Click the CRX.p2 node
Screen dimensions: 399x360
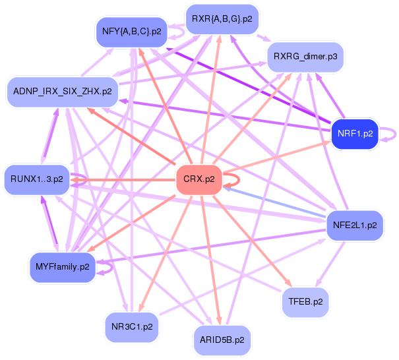(199, 180)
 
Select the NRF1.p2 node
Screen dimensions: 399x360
(355, 134)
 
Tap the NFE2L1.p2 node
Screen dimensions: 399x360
(355, 225)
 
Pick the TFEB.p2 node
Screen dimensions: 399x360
(305, 302)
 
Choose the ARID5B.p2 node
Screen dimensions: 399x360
(222, 340)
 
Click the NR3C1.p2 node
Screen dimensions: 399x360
(132, 327)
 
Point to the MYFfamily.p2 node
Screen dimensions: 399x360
(63, 268)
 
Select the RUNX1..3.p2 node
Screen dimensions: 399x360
(37, 179)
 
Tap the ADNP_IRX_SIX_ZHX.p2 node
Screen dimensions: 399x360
(63, 92)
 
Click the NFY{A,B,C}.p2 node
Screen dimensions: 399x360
(131, 32)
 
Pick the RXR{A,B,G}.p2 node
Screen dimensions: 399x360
(222, 19)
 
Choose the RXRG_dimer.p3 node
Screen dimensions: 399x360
(305, 57)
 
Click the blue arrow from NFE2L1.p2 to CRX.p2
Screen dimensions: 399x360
(274, 202)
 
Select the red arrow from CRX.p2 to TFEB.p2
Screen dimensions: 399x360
(252, 241)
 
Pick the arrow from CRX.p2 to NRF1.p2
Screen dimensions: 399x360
(276, 156)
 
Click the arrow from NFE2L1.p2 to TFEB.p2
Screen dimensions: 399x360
(330, 264)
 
